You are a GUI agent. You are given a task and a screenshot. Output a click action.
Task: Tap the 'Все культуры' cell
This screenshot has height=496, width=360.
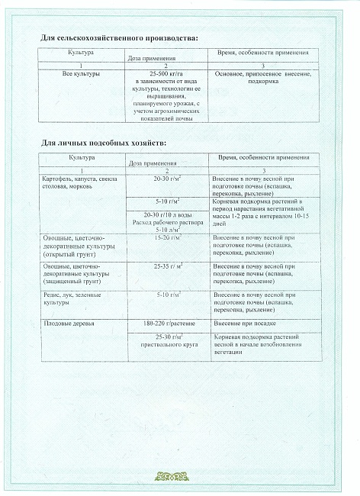(80, 75)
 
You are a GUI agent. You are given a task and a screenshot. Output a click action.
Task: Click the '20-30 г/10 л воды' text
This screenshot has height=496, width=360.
(166, 216)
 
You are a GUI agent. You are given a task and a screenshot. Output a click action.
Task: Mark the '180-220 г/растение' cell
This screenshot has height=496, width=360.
(166, 324)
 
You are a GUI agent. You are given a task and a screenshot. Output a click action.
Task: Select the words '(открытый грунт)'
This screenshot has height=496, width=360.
(65, 254)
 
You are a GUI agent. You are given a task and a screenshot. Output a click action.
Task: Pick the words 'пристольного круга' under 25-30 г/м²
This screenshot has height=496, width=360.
(166, 345)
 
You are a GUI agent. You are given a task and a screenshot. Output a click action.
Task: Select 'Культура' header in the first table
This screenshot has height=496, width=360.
(80, 53)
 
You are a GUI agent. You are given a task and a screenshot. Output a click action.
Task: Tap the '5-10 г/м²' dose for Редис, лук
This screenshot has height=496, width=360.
(166, 294)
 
